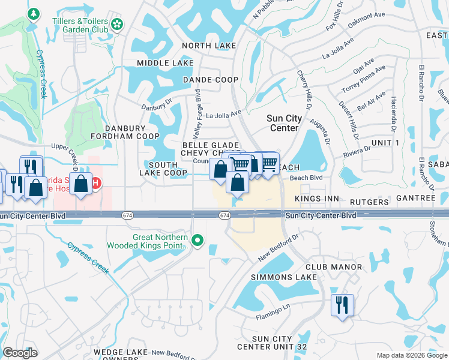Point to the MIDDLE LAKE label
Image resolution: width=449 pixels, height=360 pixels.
pos(165,63)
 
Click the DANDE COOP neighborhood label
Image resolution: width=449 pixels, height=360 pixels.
pos(211,80)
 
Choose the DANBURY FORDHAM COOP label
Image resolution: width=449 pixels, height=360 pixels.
pos(125,132)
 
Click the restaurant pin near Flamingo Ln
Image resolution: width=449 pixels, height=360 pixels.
pos(342,304)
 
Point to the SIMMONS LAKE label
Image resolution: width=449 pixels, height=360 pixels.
pos(283,277)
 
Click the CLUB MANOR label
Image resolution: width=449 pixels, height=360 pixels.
pos(333,267)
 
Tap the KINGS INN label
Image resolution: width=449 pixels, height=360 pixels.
pos(317,199)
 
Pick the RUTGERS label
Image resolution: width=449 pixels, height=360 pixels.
pos(370,202)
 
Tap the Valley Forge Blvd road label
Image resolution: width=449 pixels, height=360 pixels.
pos(197,115)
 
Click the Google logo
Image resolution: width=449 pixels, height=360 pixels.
pos(20,353)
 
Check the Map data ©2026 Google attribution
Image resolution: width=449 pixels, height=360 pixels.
pos(411,355)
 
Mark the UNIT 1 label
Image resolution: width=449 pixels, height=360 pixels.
pos(385,142)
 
